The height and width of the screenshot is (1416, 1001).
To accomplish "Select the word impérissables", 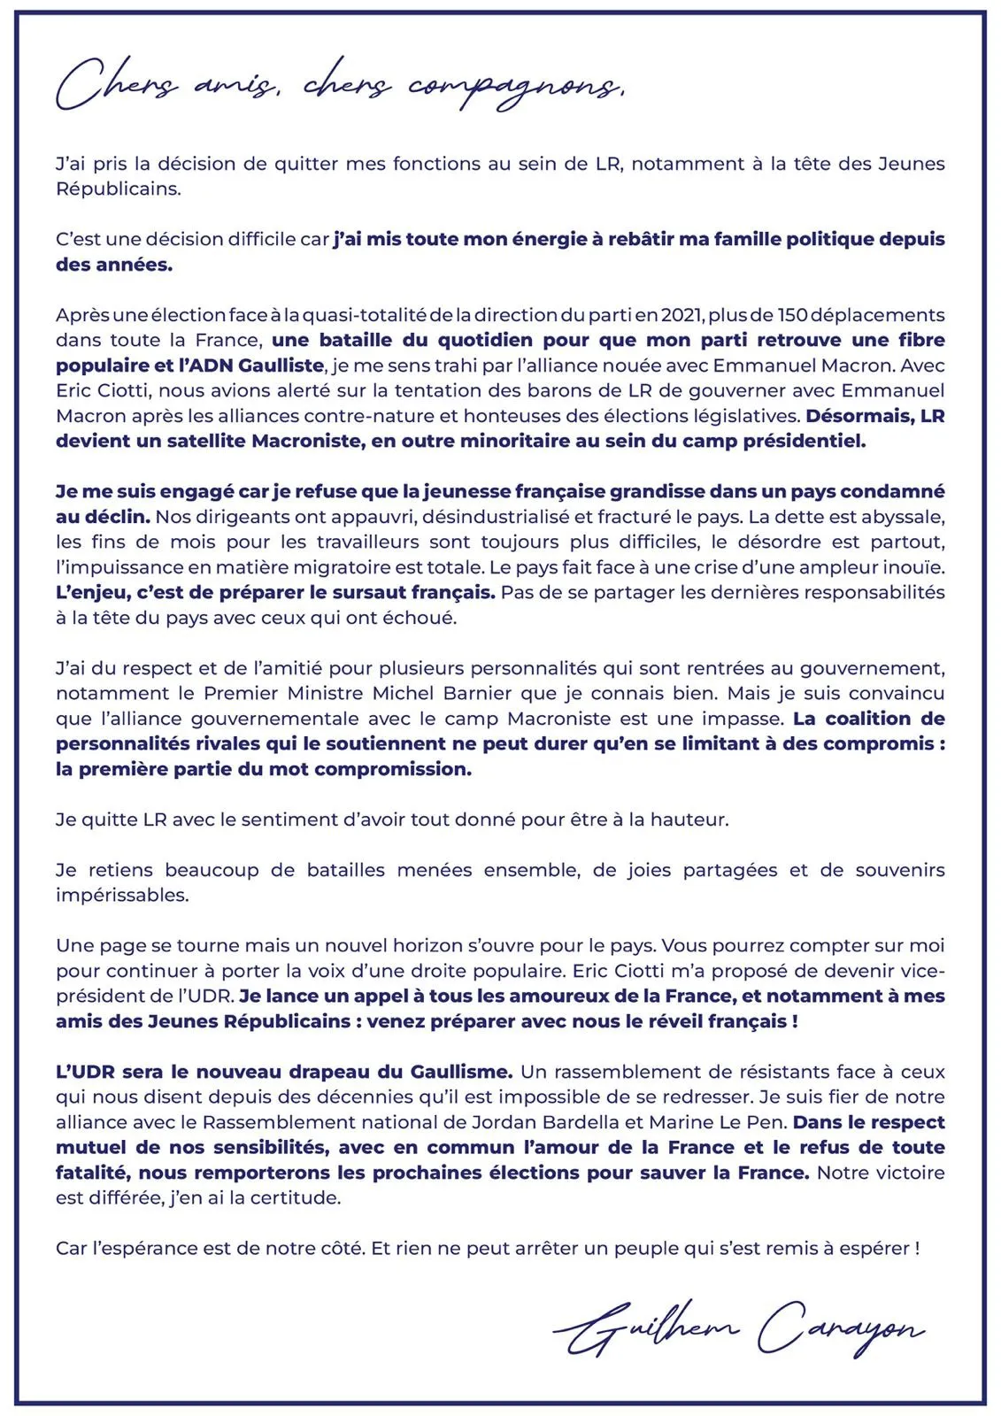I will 122,895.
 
